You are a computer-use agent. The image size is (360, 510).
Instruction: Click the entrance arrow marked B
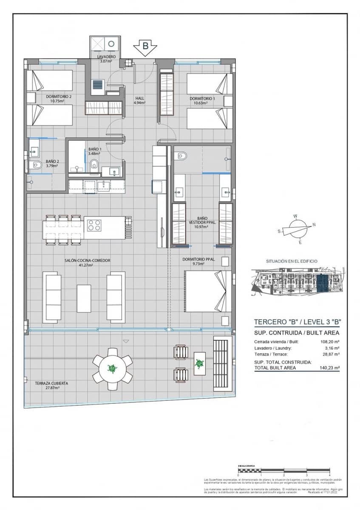[145, 48]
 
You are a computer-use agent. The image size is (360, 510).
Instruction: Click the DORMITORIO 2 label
[59, 99]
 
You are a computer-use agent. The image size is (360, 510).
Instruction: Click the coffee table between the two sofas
[84, 297]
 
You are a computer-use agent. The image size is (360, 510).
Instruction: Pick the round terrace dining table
[113, 368]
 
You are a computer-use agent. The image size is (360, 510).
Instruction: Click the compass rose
[297, 229]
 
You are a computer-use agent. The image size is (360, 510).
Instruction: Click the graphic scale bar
[284, 472]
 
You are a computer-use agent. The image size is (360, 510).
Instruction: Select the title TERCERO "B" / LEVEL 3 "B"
[298, 322]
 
